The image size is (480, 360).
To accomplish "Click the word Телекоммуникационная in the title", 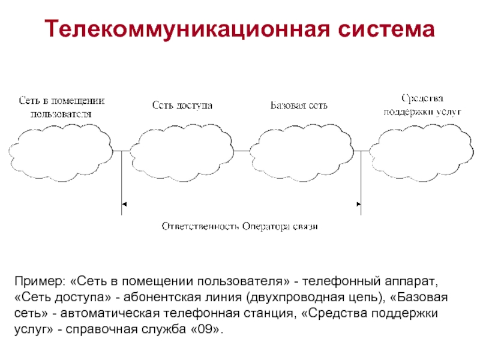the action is pos(187,29).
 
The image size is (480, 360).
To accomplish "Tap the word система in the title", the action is pos(386,29).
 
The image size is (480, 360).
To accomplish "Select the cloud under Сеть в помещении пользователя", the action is pos(61,152).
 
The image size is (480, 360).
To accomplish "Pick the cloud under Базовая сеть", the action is pos(302,152).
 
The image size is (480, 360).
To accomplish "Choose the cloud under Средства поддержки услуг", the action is pos(422,152).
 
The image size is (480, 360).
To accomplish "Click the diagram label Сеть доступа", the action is pos(182,106).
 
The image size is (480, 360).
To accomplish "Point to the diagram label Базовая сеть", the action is pos(299,106).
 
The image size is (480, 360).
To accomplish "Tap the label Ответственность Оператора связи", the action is pos(239,226).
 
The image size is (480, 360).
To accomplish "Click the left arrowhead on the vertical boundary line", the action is pos(124,204).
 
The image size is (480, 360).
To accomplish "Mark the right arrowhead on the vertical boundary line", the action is pos(359,204).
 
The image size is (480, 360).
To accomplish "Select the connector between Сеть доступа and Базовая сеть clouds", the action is pos(242,151).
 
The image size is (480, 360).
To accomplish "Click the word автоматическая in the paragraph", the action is pos(110,313).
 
